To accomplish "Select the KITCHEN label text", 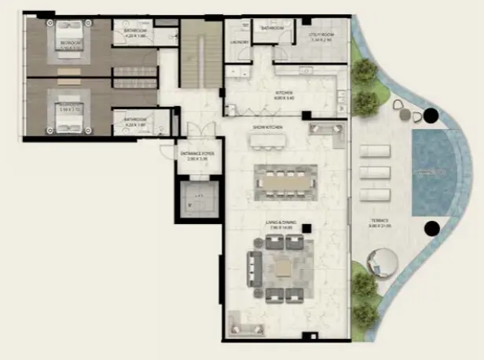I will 284,96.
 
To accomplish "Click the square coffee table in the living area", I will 280,268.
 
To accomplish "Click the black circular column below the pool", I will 431,229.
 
